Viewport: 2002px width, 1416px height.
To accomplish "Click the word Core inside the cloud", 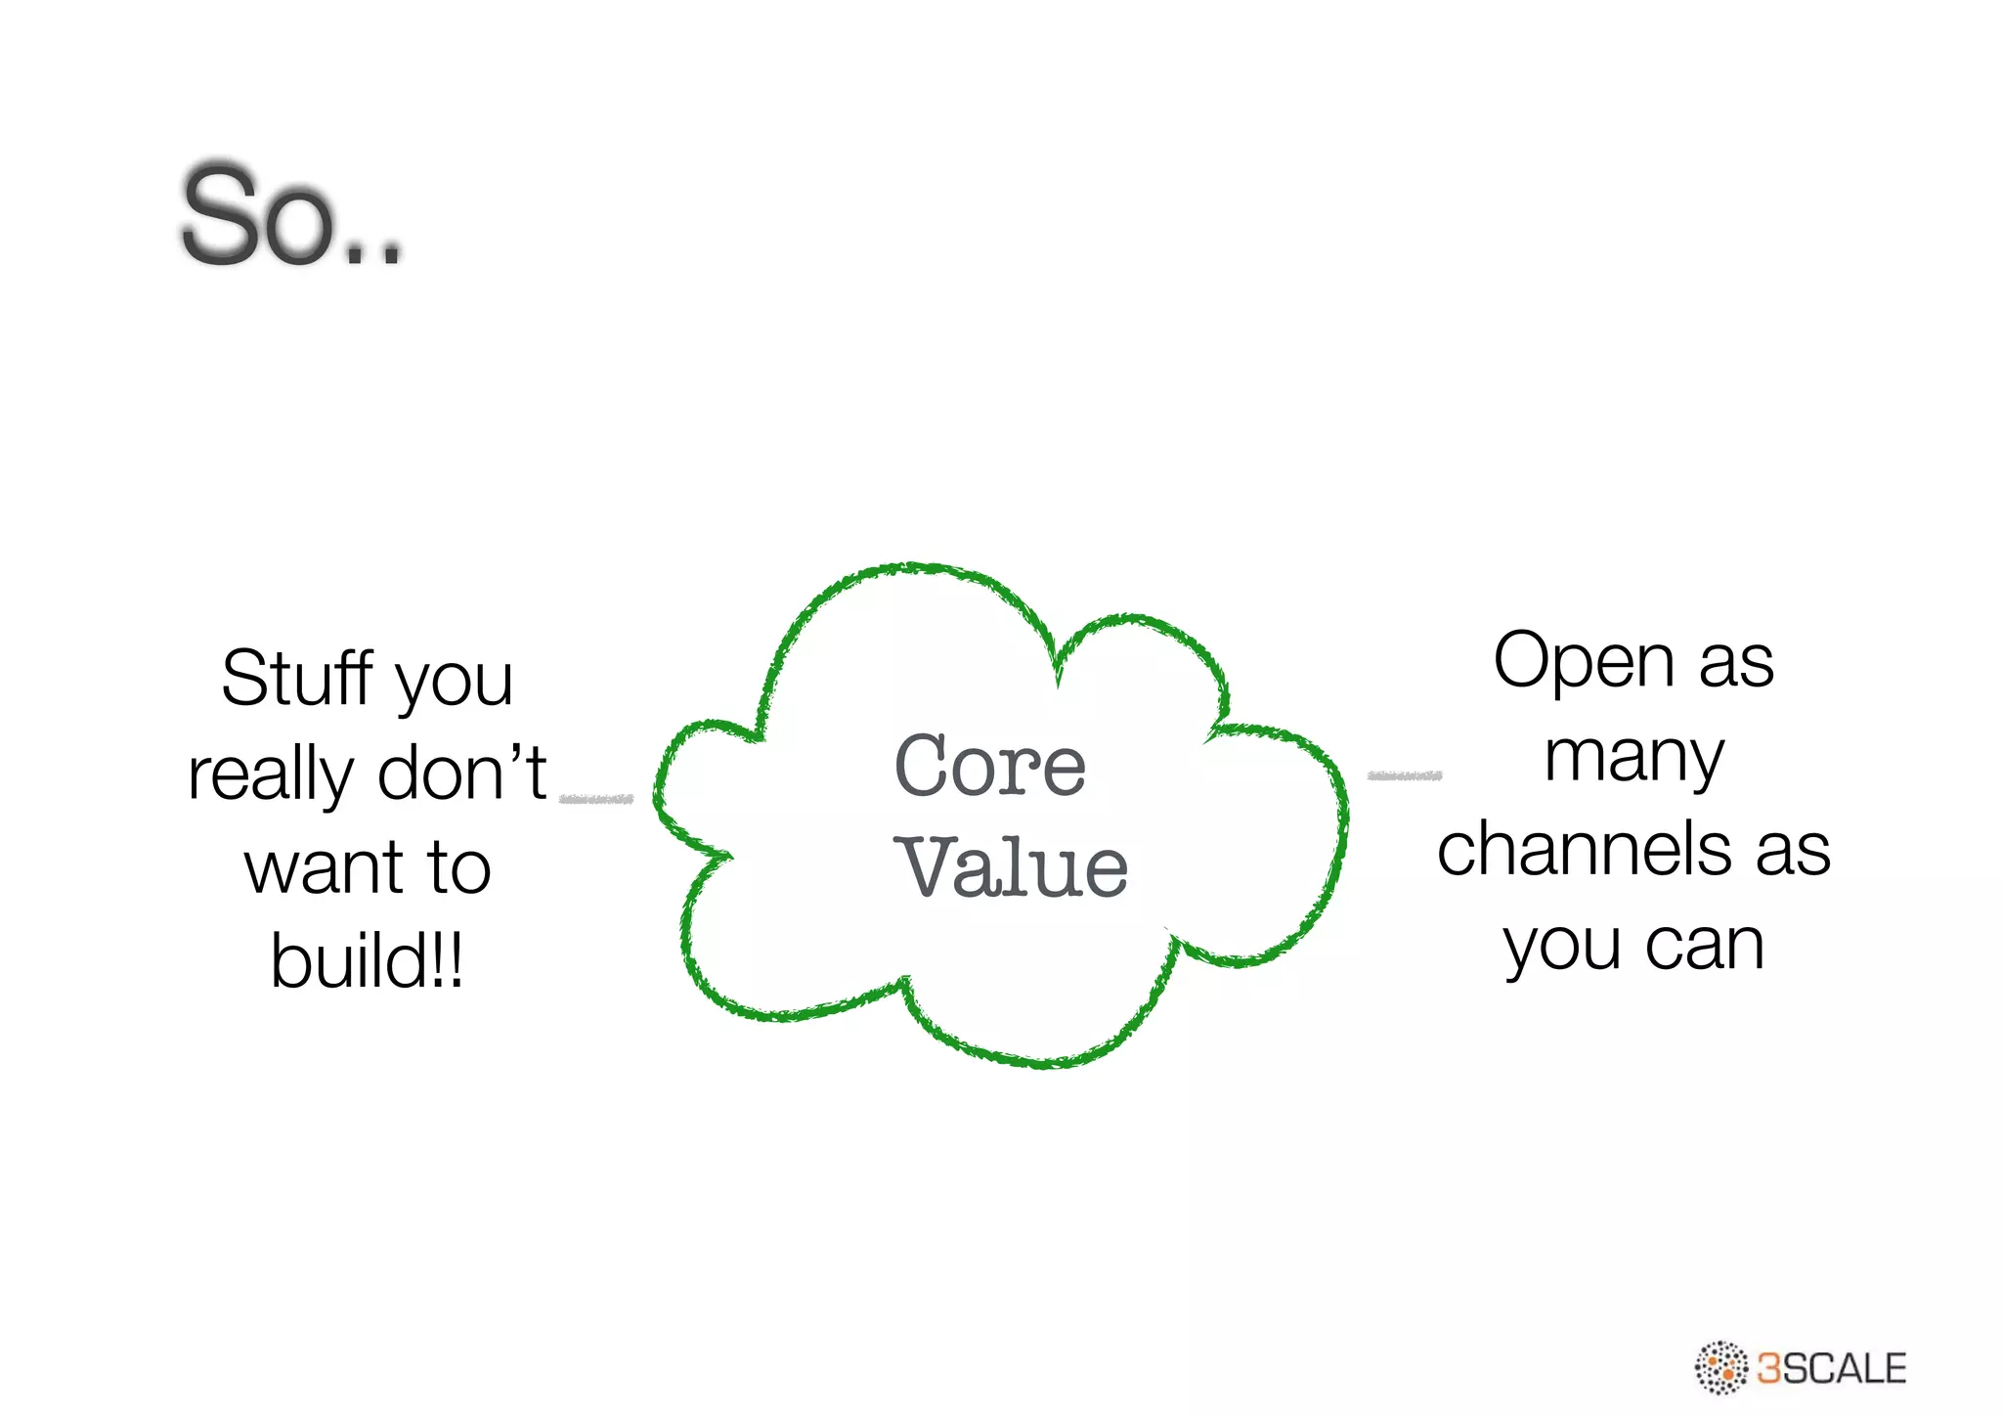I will tap(989, 767).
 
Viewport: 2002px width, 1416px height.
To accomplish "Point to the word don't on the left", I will tap(461, 773).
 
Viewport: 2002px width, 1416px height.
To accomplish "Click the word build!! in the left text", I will tap(367, 961).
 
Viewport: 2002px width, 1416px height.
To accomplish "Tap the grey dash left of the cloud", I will tap(596, 799).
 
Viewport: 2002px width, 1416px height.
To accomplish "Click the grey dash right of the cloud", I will tap(1404, 775).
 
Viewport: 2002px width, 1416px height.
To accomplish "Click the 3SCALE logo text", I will tap(1831, 1368).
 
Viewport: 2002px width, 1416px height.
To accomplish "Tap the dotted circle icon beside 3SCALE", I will tap(1720, 1367).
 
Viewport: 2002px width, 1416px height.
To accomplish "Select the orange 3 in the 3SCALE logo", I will tap(1769, 1368).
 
